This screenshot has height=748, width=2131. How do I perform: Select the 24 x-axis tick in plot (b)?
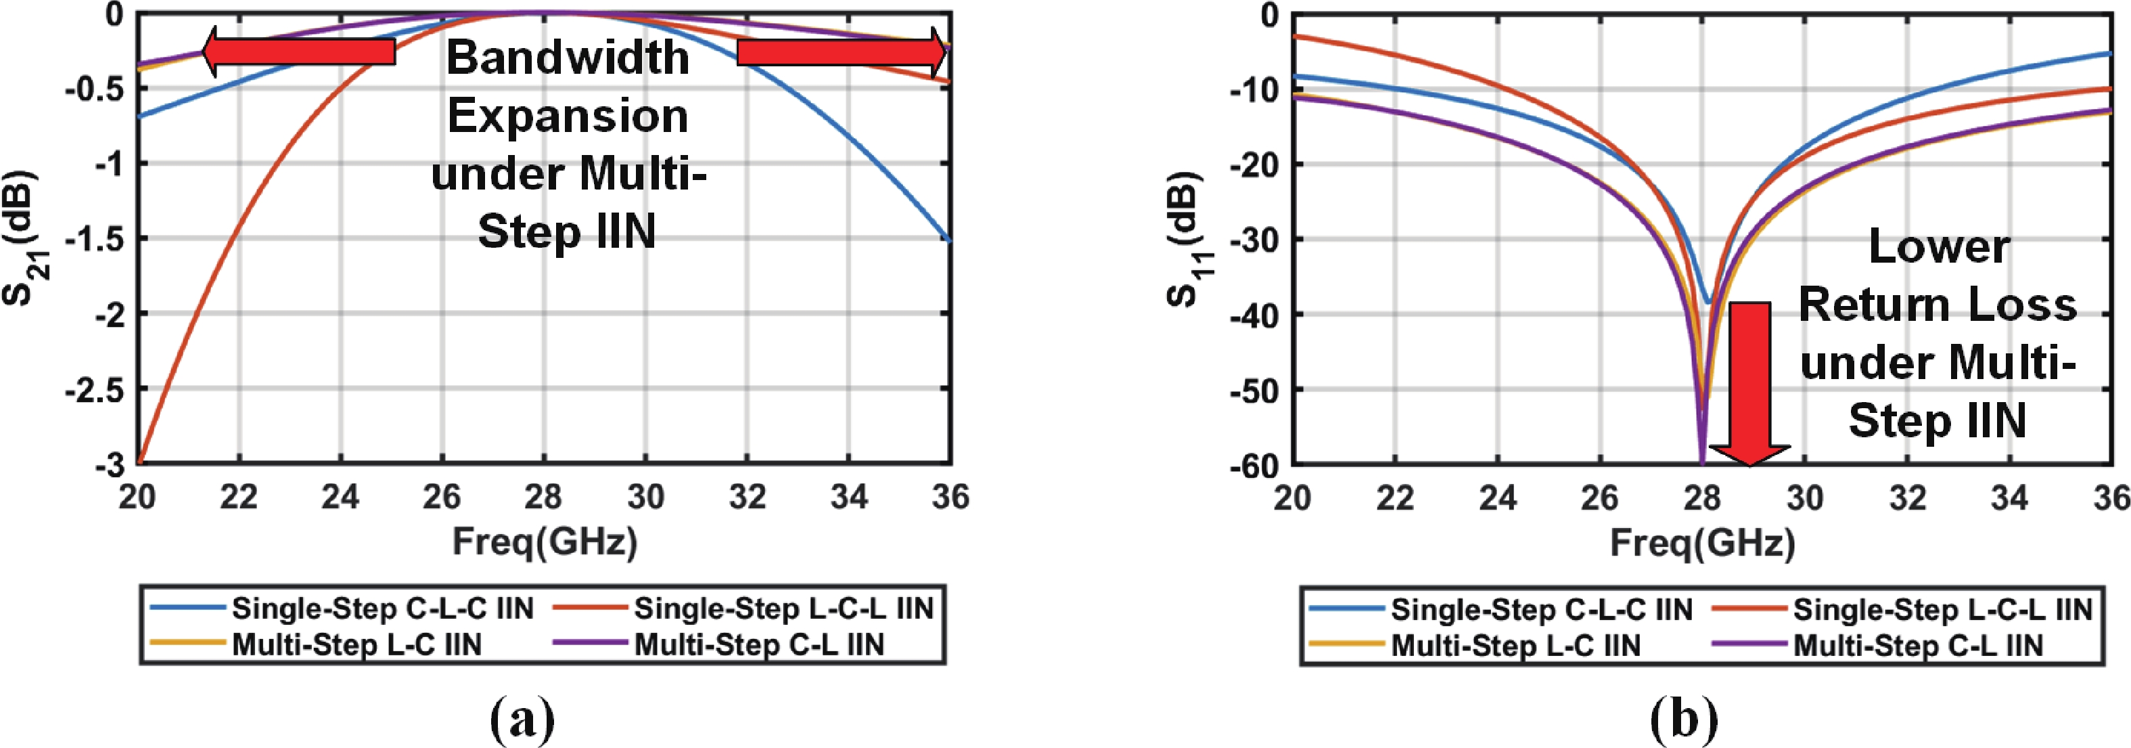pyautogui.click(x=1497, y=498)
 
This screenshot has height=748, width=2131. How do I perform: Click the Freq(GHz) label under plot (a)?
pyautogui.click(x=545, y=543)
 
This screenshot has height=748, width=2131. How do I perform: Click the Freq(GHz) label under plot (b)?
pyautogui.click(x=1703, y=544)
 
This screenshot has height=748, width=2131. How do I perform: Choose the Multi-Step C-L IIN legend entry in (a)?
pyautogui.click(x=758, y=644)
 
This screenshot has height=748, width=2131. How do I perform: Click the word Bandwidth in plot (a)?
pyautogui.click(x=568, y=58)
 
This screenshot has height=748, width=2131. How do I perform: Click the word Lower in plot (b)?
pyautogui.click(x=1938, y=246)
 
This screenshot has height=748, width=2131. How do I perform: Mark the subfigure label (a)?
pyautogui.click(x=523, y=718)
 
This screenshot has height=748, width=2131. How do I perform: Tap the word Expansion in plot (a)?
pyautogui.click(x=568, y=116)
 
